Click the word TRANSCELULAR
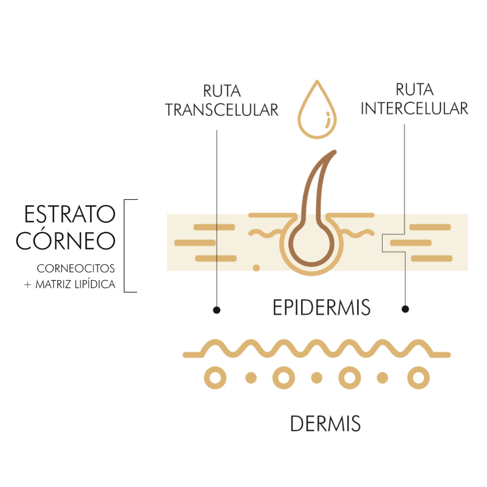pos(222,110)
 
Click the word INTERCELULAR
pos(414,109)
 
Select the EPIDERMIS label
pos(321,308)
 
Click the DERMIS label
pos(325,423)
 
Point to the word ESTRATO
pos(70,214)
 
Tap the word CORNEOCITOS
pos(76,269)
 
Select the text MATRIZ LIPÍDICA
pos(76,284)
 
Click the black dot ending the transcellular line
pos(217,310)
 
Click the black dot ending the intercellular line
pos(405,309)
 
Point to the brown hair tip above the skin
pos(334,152)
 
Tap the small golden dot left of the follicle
pos(256,268)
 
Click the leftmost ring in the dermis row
pos(215,378)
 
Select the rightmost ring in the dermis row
pos(418,378)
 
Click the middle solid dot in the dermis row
pos(316,378)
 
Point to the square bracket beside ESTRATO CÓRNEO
pos(125,246)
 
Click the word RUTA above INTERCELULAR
pos(414,90)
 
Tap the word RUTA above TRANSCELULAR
pos(222,91)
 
